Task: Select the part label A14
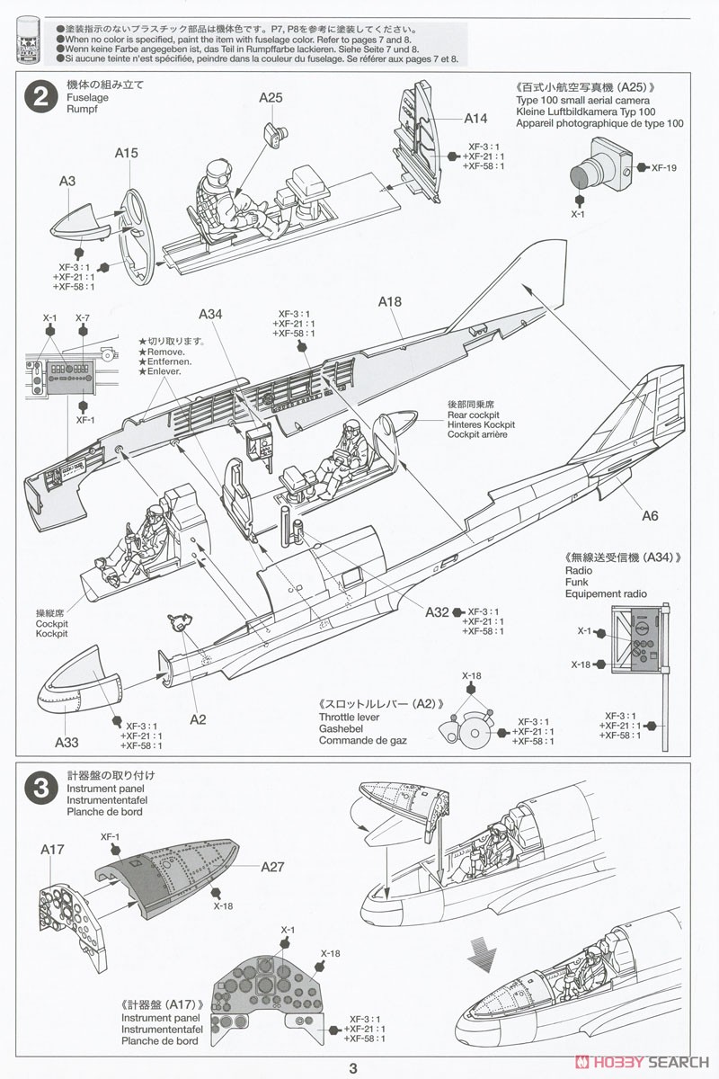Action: click(x=476, y=118)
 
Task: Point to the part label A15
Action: click(x=126, y=154)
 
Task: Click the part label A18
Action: click(x=389, y=302)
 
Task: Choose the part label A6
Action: click(x=651, y=515)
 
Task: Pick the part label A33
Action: click(x=67, y=742)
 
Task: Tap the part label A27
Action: click(x=272, y=867)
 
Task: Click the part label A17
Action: click(x=52, y=848)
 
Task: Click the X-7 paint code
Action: click(x=83, y=318)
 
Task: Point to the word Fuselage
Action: click(x=87, y=95)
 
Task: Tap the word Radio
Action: click(x=579, y=570)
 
